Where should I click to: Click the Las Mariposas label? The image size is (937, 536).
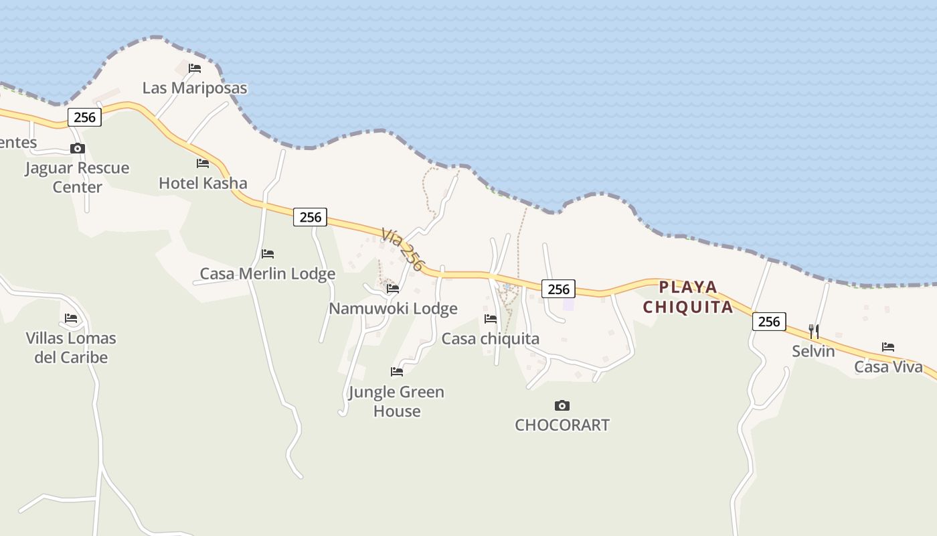click(x=195, y=88)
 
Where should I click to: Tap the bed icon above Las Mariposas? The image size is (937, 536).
click(x=195, y=68)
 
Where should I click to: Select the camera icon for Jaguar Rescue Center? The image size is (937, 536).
click(x=78, y=149)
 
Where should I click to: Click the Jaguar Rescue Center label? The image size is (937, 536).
click(x=77, y=177)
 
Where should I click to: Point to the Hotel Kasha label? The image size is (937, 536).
click(x=203, y=183)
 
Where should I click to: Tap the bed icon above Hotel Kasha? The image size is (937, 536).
click(x=203, y=163)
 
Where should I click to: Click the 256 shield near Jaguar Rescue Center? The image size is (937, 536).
click(x=84, y=117)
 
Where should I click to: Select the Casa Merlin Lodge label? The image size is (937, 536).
click(x=268, y=273)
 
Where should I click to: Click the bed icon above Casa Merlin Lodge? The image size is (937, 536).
click(x=268, y=254)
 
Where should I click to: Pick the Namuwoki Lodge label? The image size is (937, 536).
click(x=393, y=308)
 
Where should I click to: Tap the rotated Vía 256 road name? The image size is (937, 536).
click(x=403, y=249)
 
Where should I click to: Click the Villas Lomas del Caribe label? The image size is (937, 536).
click(x=71, y=347)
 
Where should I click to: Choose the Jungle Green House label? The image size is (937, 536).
click(x=396, y=401)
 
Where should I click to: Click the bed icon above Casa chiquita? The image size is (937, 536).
click(x=491, y=319)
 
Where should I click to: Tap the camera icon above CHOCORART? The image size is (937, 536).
click(x=562, y=405)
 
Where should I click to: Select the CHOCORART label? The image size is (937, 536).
click(x=562, y=425)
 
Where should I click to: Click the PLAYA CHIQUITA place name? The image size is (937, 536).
click(x=688, y=297)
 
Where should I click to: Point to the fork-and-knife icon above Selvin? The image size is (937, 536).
click(x=814, y=331)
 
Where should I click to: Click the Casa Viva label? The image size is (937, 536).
click(x=888, y=366)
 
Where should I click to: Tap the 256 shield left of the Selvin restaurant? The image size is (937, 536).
click(x=769, y=322)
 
